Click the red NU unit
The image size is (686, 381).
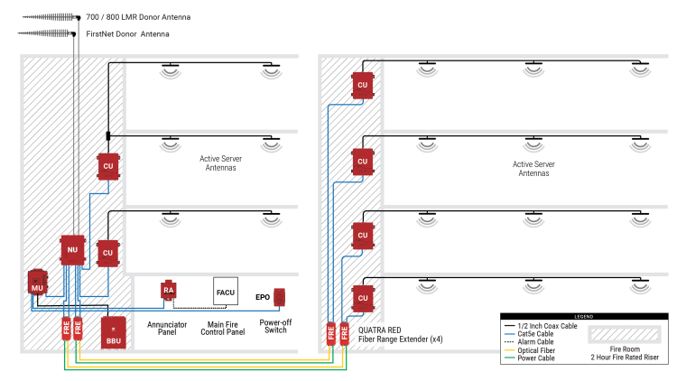72,250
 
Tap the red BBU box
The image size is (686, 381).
113,331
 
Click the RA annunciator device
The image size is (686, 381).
168,290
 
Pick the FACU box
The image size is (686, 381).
225,291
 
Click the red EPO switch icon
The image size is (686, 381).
280,296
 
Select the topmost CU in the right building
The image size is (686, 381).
363,85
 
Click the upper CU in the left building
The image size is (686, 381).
107,167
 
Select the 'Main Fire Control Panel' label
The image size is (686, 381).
225,326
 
